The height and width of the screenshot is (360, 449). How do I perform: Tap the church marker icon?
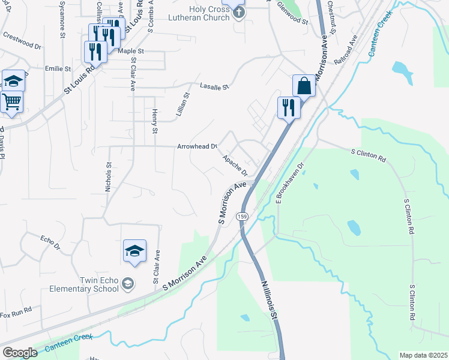pos(238,13)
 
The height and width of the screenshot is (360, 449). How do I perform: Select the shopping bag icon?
pos(304,86)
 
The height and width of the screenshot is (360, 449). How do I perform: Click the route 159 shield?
pos(242,216)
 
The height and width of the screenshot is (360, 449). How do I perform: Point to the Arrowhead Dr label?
pos(196,146)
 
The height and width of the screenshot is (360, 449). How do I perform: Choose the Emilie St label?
pos(58,69)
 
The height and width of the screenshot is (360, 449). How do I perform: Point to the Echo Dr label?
pos(50,242)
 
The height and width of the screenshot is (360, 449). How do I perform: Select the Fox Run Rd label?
pos(16,314)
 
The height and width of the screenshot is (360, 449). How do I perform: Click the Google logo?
pos(20,353)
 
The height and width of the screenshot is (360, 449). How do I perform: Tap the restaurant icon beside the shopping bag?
pos(288,108)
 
